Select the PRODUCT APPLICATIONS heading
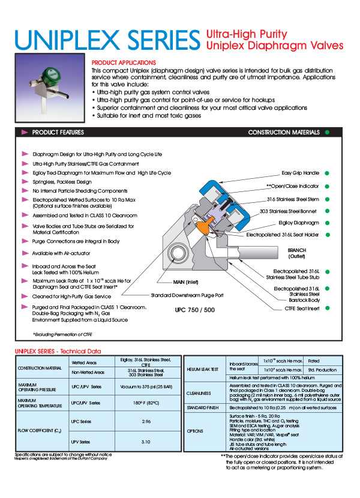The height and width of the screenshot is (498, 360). [x=124, y=62]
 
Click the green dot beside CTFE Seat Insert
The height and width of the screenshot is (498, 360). [x=327, y=308]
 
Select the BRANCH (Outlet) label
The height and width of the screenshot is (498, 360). [x=296, y=252]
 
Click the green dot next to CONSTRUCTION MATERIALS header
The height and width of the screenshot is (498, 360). [x=327, y=132]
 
